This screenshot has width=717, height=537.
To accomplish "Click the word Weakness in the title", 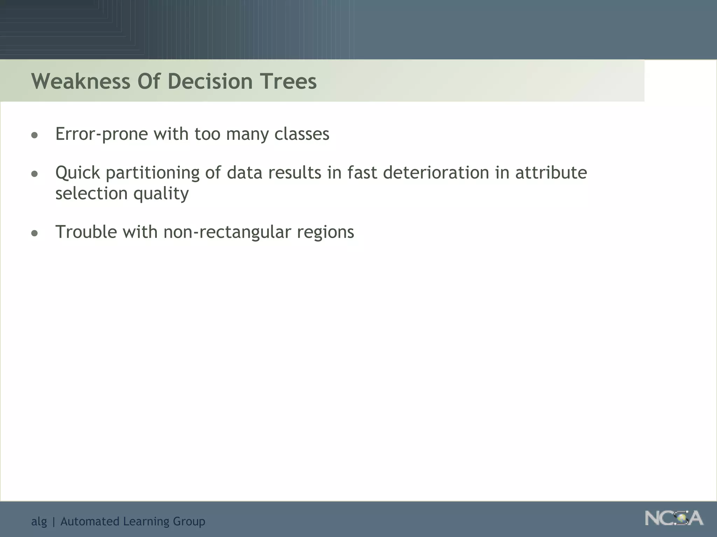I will pyautogui.click(x=81, y=81).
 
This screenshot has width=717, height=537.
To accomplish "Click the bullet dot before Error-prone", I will pyautogui.click(x=34, y=135).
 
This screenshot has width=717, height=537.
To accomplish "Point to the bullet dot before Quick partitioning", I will pyautogui.click(x=34, y=173).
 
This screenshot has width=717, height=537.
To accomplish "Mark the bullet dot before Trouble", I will pyautogui.click(x=34, y=233).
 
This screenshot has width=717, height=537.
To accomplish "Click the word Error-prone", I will pyautogui.click(x=102, y=134).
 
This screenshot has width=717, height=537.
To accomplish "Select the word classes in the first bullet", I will pyautogui.click(x=301, y=134).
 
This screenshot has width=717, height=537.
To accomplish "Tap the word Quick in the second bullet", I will pyautogui.click(x=78, y=173).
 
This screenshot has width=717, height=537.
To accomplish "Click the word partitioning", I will pyautogui.click(x=152, y=173).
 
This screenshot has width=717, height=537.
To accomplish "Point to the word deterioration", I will pyautogui.click(x=436, y=173).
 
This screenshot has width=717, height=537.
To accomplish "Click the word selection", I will pyautogui.click(x=91, y=193).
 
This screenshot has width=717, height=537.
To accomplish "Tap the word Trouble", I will pyautogui.click(x=86, y=232).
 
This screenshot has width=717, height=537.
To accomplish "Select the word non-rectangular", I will pyautogui.click(x=227, y=232).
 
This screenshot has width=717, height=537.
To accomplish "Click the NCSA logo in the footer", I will pyautogui.click(x=674, y=518).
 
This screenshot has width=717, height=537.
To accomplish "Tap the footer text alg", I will pyautogui.click(x=39, y=522).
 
